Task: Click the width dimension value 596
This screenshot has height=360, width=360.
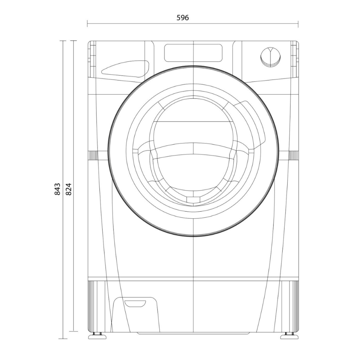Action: tap(182, 18)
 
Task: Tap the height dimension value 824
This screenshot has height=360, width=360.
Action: tap(69, 189)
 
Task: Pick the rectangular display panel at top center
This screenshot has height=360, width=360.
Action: tap(193, 52)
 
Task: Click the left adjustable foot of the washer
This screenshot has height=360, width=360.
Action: tap(95, 335)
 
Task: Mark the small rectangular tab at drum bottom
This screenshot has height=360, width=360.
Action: tap(193, 200)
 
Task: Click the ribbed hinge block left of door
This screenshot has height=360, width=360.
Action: tap(94, 155)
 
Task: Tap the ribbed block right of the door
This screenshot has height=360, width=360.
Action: tap(293, 155)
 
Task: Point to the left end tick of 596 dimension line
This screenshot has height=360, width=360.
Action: tap(88, 24)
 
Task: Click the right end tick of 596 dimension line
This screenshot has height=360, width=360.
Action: tap(298, 24)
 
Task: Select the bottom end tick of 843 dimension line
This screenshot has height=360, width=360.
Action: tap(63, 339)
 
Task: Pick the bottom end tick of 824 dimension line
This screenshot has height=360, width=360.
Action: tap(73, 331)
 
